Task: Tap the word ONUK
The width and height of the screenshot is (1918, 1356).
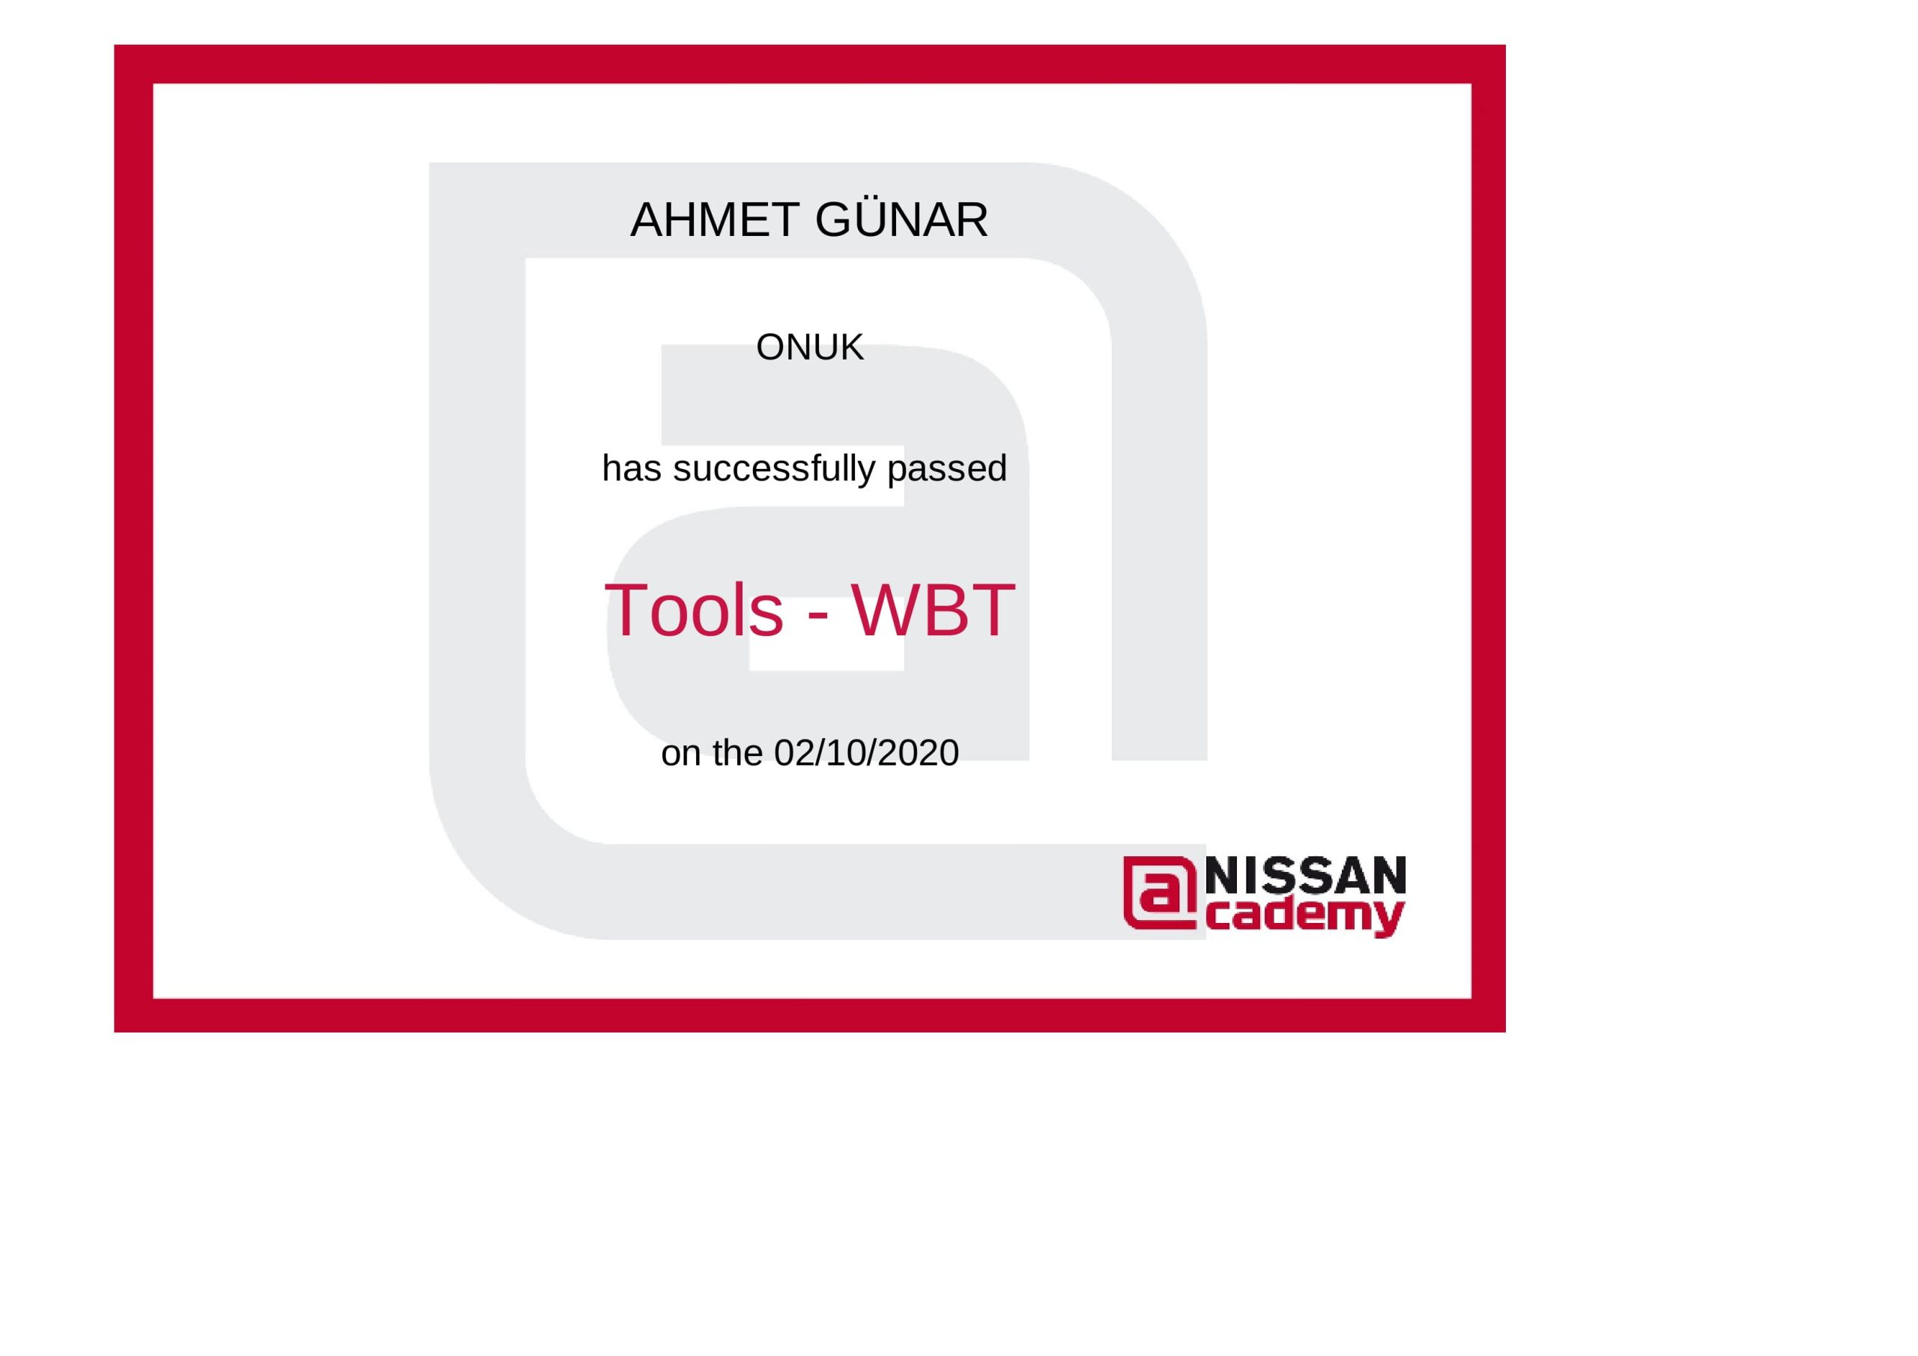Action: tap(809, 348)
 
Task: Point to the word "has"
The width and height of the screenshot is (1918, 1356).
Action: tap(632, 468)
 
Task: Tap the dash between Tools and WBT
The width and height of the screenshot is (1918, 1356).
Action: tap(818, 617)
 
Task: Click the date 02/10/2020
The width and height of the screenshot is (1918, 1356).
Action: tap(866, 754)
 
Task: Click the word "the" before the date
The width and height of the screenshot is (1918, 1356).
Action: tap(738, 754)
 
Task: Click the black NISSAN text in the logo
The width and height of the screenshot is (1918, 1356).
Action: tap(1306, 876)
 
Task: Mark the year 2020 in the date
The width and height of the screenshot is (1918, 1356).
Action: tap(918, 754)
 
